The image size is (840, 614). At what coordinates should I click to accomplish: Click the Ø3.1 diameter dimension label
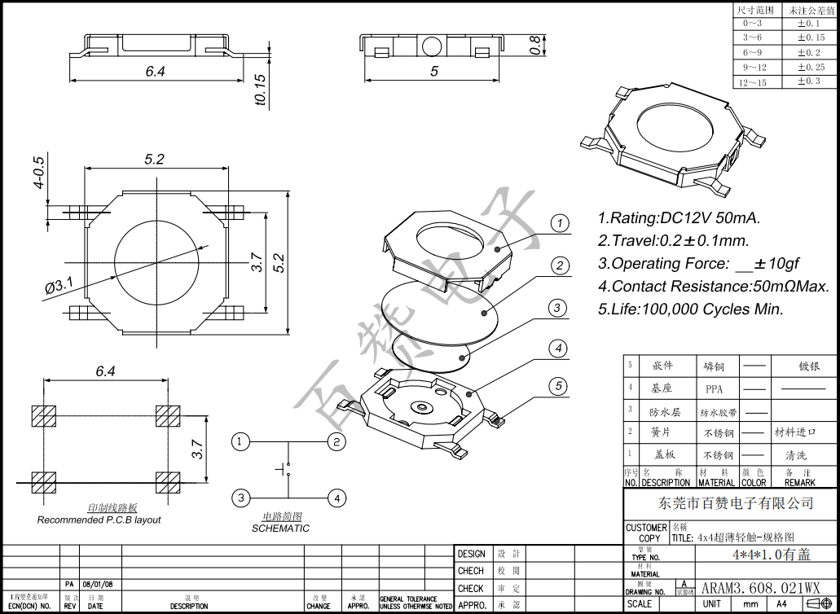(x=59, y=286)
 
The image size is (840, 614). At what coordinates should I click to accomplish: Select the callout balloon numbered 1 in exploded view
(x=559, y=223)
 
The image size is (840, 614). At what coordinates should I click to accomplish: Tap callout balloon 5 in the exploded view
(x=558, y=386)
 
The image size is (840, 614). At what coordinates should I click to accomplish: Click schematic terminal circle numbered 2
(x=337, y=441)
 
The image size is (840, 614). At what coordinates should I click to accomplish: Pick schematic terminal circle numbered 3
(x=240, y=498)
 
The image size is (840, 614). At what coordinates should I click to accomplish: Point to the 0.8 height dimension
(x=535, y=45)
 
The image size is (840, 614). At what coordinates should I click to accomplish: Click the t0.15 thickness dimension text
(x=261, y=90)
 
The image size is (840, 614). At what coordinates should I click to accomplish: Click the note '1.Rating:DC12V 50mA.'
(x=679, y=218)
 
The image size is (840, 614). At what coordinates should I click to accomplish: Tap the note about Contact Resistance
(x=713, y=287)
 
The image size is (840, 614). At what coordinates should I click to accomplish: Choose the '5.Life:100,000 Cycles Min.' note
(x=690, y=309)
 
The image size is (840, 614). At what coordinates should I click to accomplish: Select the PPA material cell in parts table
(x=714, y=389)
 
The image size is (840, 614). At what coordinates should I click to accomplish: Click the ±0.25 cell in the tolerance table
(x=810, y=67)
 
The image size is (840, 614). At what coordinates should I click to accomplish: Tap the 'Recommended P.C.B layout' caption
(x=99, y=520)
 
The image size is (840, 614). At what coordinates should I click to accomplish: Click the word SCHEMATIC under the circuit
(x=280, y=528)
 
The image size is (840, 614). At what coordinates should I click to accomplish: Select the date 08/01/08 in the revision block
(x=98, y=585)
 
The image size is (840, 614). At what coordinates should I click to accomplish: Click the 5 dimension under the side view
(x=434, y=72)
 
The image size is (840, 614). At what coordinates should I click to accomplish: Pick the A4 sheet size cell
(x=781, y=604)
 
